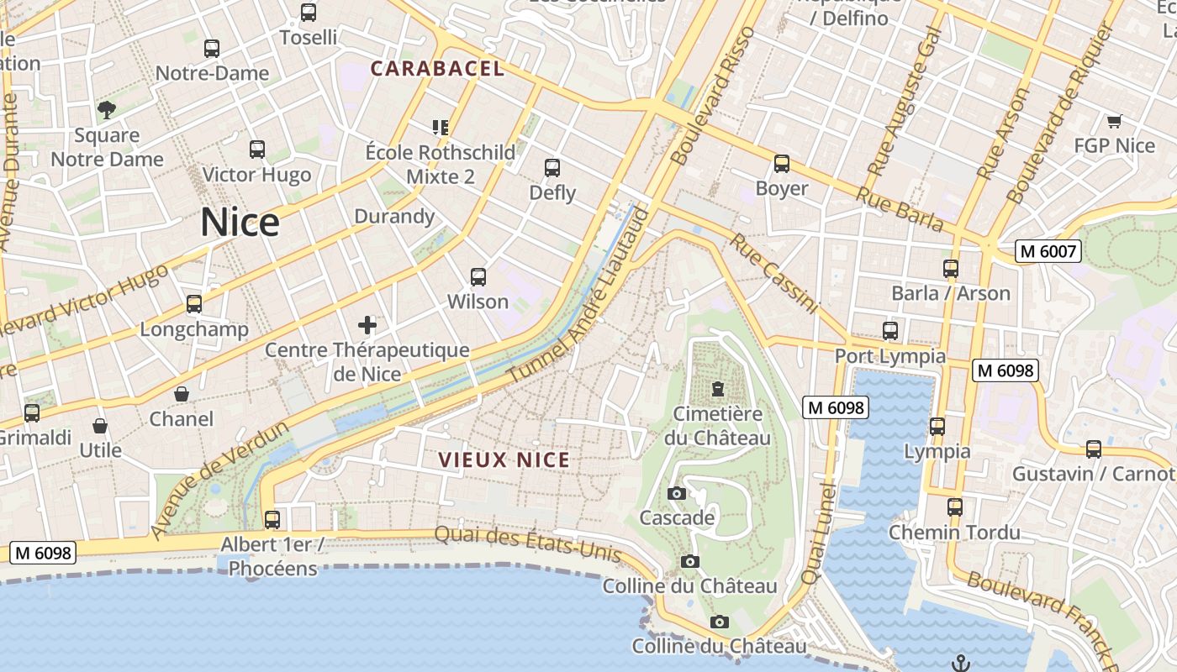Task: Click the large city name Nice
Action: pos(240,223)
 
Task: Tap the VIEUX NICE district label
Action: pos(504,460)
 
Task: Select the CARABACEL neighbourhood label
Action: pos(437,69)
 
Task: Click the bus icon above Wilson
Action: pos(478,276)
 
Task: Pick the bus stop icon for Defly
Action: pos(552,167)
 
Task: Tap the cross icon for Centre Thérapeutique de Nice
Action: pos(367,324)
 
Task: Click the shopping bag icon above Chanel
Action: pos(182,393)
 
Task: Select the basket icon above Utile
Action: pos(100,426)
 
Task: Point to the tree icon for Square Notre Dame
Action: pos(107,109)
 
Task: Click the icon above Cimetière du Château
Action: pos(718,389)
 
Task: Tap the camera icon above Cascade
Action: pos(677,493)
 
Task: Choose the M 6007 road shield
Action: pos(1047,251)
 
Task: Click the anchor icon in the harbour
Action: pos(961,663)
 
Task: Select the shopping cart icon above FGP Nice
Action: pos(1115,121)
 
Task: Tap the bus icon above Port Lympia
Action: pos(890,331)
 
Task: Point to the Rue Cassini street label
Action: pos(773,273)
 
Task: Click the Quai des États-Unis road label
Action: pos(528,543)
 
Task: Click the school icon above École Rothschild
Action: pos(441,127)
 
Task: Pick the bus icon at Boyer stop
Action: pos(782,164)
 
